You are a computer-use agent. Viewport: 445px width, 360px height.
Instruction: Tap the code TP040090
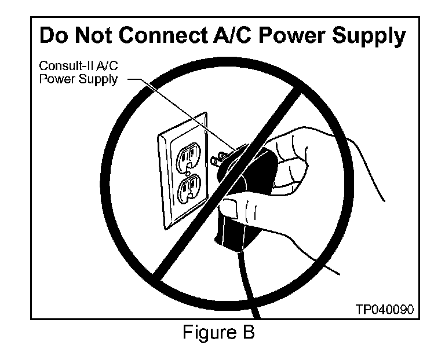pyautogui.click(x=385, y=309)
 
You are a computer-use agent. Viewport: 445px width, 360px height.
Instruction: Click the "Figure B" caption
pyautogui.click(x=218, y=334)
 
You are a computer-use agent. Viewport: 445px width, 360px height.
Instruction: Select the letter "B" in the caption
pyautogui.click(x=248, y=334)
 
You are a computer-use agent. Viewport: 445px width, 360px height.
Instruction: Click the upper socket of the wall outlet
pyautogui.click(x=189, y=153)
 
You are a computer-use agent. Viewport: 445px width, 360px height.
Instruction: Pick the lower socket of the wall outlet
pyautogui.click(x=189, y=188)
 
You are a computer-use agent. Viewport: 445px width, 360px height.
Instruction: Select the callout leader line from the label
pyautogui.click(x=174, y=110)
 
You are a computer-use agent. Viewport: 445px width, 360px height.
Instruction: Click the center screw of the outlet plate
pyautogui.click(x=188, y=171)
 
